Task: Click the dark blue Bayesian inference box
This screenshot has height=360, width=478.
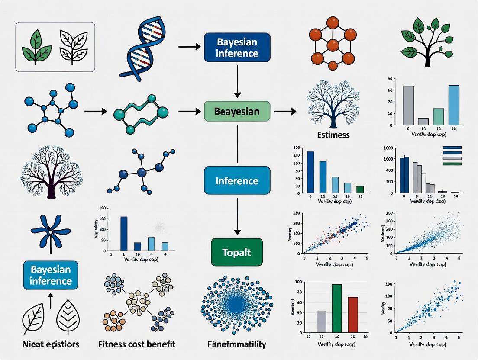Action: click(237, 47)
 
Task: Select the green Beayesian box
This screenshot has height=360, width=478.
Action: click(237, 111)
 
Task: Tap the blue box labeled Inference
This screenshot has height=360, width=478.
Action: click(237, 180)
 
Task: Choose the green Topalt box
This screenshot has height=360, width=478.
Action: click(237, 252)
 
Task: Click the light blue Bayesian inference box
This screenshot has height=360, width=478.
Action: click(51, 275)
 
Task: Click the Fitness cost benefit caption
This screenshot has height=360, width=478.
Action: click(143, 344)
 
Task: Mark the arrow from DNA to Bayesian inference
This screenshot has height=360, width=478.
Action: click(187, 46)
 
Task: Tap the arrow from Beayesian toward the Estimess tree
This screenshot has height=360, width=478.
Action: click(285, 112)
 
